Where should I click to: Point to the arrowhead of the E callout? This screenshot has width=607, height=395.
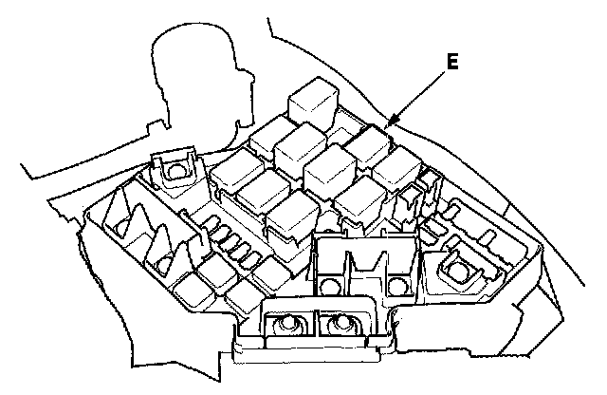coord(390,124)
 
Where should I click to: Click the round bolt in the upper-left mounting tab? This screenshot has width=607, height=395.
coord(174,171)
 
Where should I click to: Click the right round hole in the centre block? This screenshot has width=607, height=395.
coord(395,284)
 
